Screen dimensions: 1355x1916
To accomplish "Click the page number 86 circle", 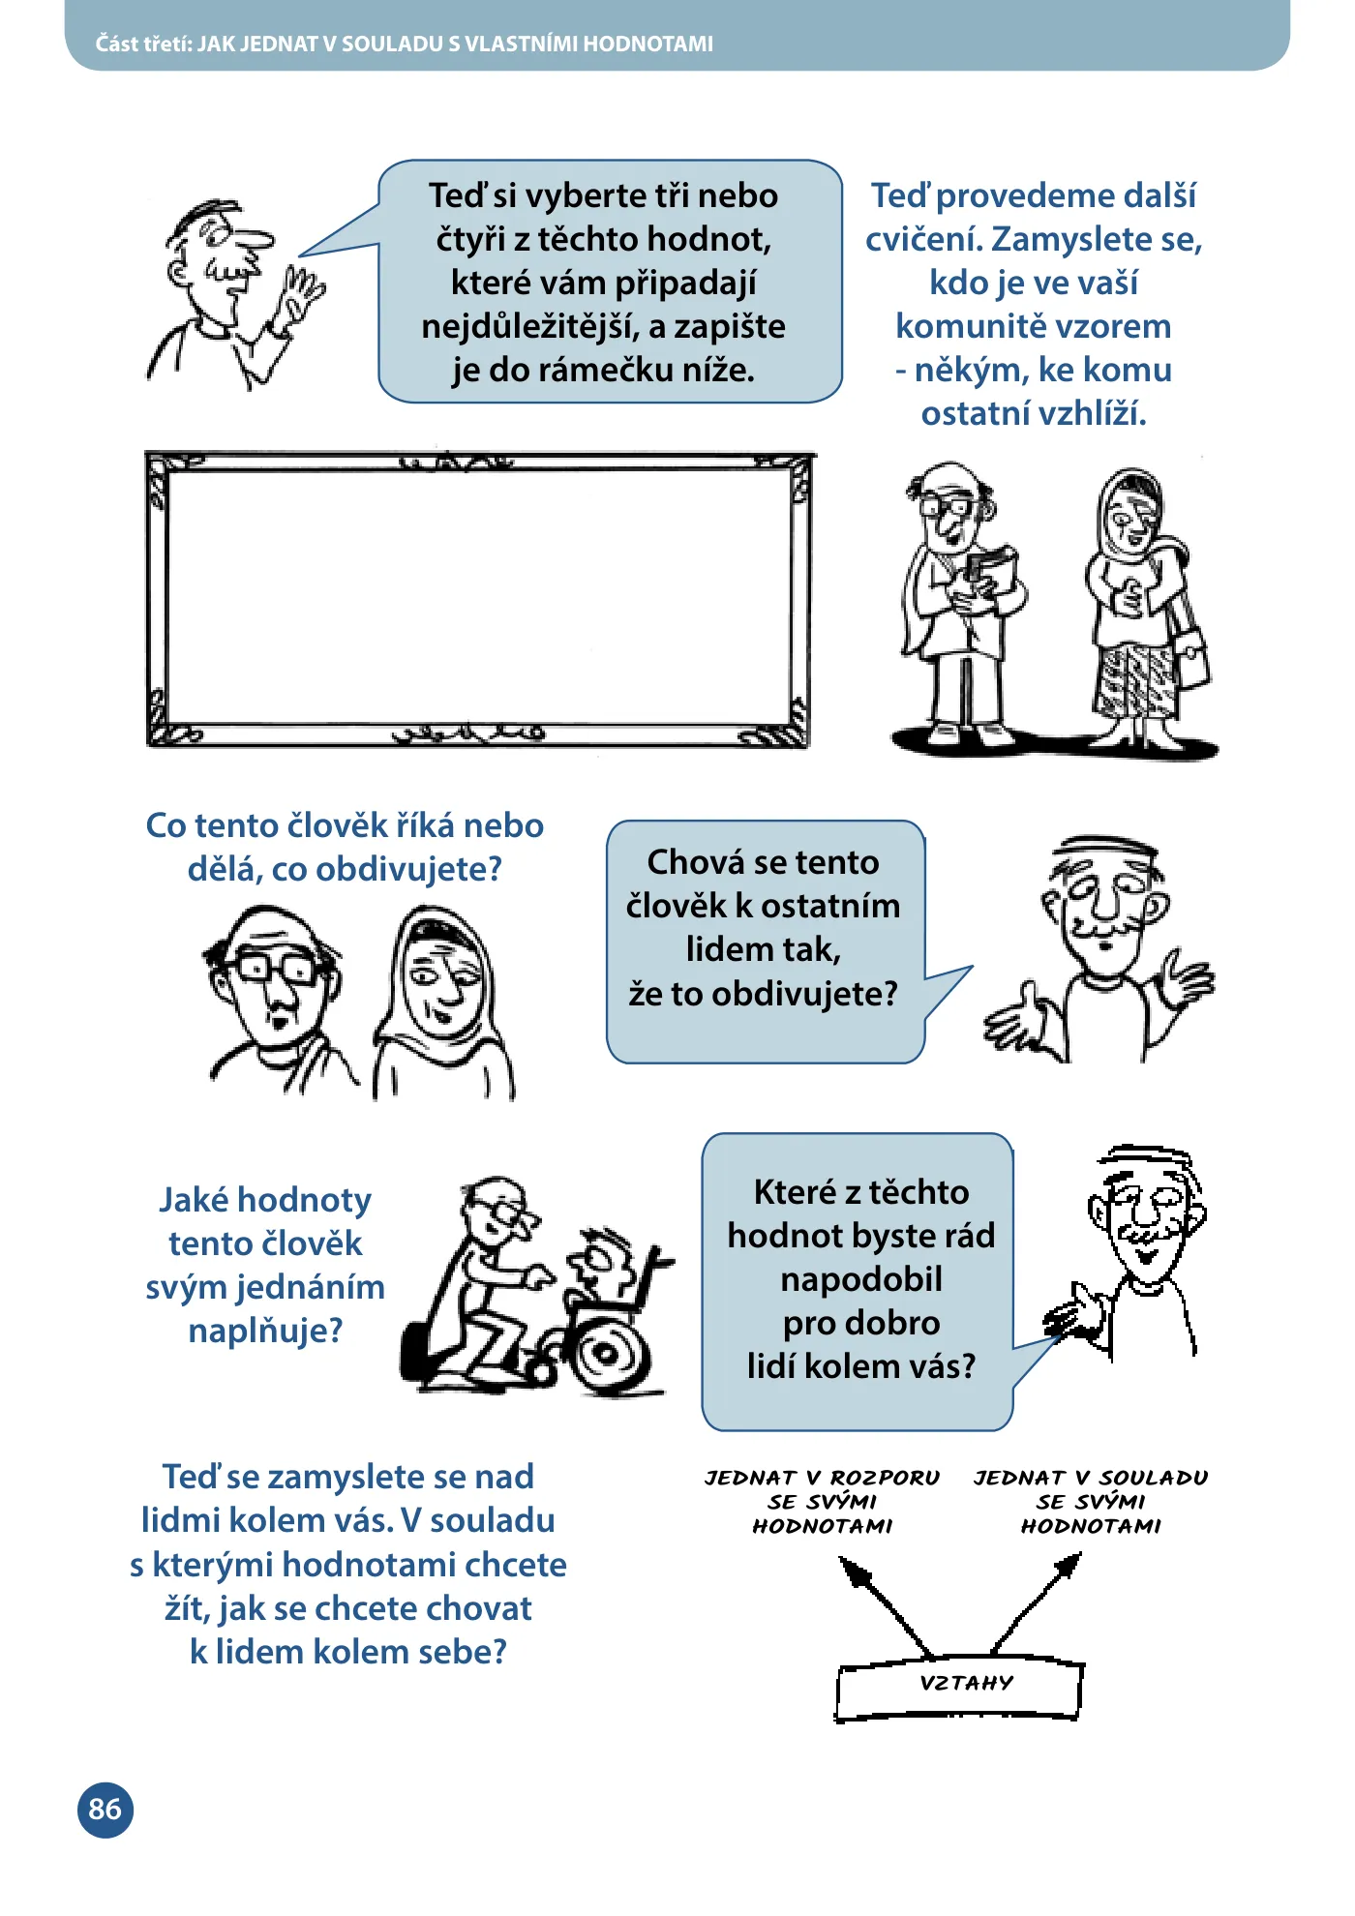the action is [x=105, y=1810].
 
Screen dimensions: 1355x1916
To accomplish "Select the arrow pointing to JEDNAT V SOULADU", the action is [x=1036, y=1602].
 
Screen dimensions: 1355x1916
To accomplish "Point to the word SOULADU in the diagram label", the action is [x=1154, y=1478].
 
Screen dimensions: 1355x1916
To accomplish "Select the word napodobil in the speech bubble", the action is [x=861, y=1279].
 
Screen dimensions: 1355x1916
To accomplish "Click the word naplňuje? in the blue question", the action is [x=265, y=1331].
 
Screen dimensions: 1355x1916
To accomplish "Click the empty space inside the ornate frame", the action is [x=480, y=597].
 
